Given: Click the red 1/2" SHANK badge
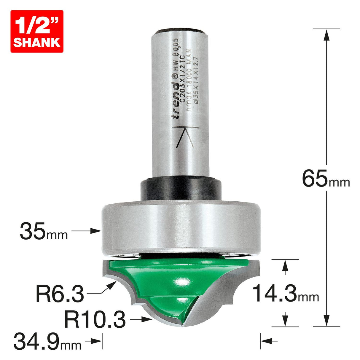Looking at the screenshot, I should [x=37, y=31].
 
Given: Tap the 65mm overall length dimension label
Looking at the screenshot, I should [x=326, y=179].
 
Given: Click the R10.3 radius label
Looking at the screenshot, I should [x=95, y=320].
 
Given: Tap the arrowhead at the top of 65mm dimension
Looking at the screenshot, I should [x=326, y=34].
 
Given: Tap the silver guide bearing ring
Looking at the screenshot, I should [x=181, y=228].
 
